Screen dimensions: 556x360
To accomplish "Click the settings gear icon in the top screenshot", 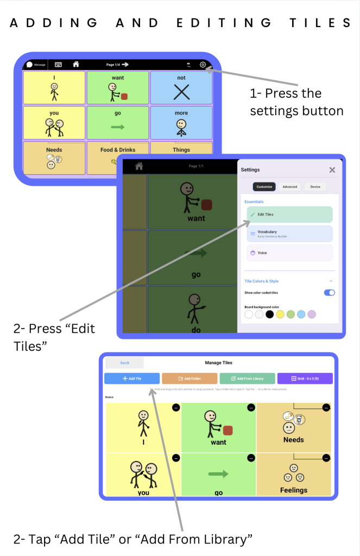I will tap(203, 65).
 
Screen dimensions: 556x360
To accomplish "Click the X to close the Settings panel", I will tap(332, 170).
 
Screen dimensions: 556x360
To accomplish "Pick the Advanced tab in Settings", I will tap(289, 187).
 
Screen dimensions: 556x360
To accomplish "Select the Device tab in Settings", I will tap(315, 187).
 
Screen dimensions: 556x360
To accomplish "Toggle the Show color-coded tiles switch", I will tap(329, 293).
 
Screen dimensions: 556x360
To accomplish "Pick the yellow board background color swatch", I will tap(280, 314).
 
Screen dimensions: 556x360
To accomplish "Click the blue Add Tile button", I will tap(132, 378).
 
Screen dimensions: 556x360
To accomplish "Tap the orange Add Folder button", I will tap(190, 378).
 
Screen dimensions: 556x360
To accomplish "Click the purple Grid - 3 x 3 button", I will tap(305, 378).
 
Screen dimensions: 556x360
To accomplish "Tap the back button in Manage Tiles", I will tap(125, 363).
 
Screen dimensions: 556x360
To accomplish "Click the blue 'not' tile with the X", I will tap(181, 88).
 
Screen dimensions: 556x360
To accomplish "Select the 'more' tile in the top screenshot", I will tap(181, 123).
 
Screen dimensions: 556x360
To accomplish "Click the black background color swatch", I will tap(269, 314).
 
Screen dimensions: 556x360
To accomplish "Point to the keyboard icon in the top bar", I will tap(58, 65).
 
